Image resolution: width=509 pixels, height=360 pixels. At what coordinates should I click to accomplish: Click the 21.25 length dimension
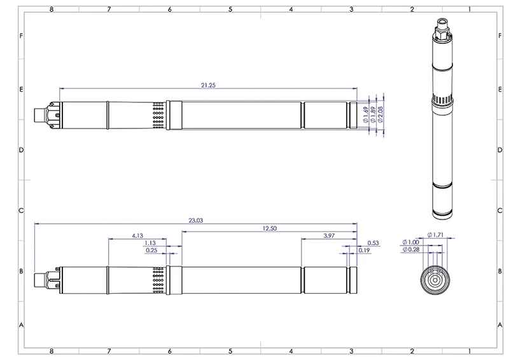(208, 85)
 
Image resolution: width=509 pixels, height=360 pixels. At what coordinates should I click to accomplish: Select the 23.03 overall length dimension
(196, 221)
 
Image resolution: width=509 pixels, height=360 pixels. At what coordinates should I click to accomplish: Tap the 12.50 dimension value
(269, 228)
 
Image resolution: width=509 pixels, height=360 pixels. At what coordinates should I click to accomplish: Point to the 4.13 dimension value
(137, 236)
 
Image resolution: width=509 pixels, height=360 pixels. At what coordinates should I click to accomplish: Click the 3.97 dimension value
(329, 236)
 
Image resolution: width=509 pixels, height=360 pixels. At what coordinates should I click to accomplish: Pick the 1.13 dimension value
(150, 243)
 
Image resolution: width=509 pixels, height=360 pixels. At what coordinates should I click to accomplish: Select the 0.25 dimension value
(151, 250)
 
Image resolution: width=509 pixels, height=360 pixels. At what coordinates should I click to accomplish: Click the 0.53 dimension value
(373, 243)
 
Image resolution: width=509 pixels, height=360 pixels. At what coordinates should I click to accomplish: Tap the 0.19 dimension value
(364, 250)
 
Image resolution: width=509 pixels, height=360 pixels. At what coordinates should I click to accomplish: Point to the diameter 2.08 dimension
(380, 114)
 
